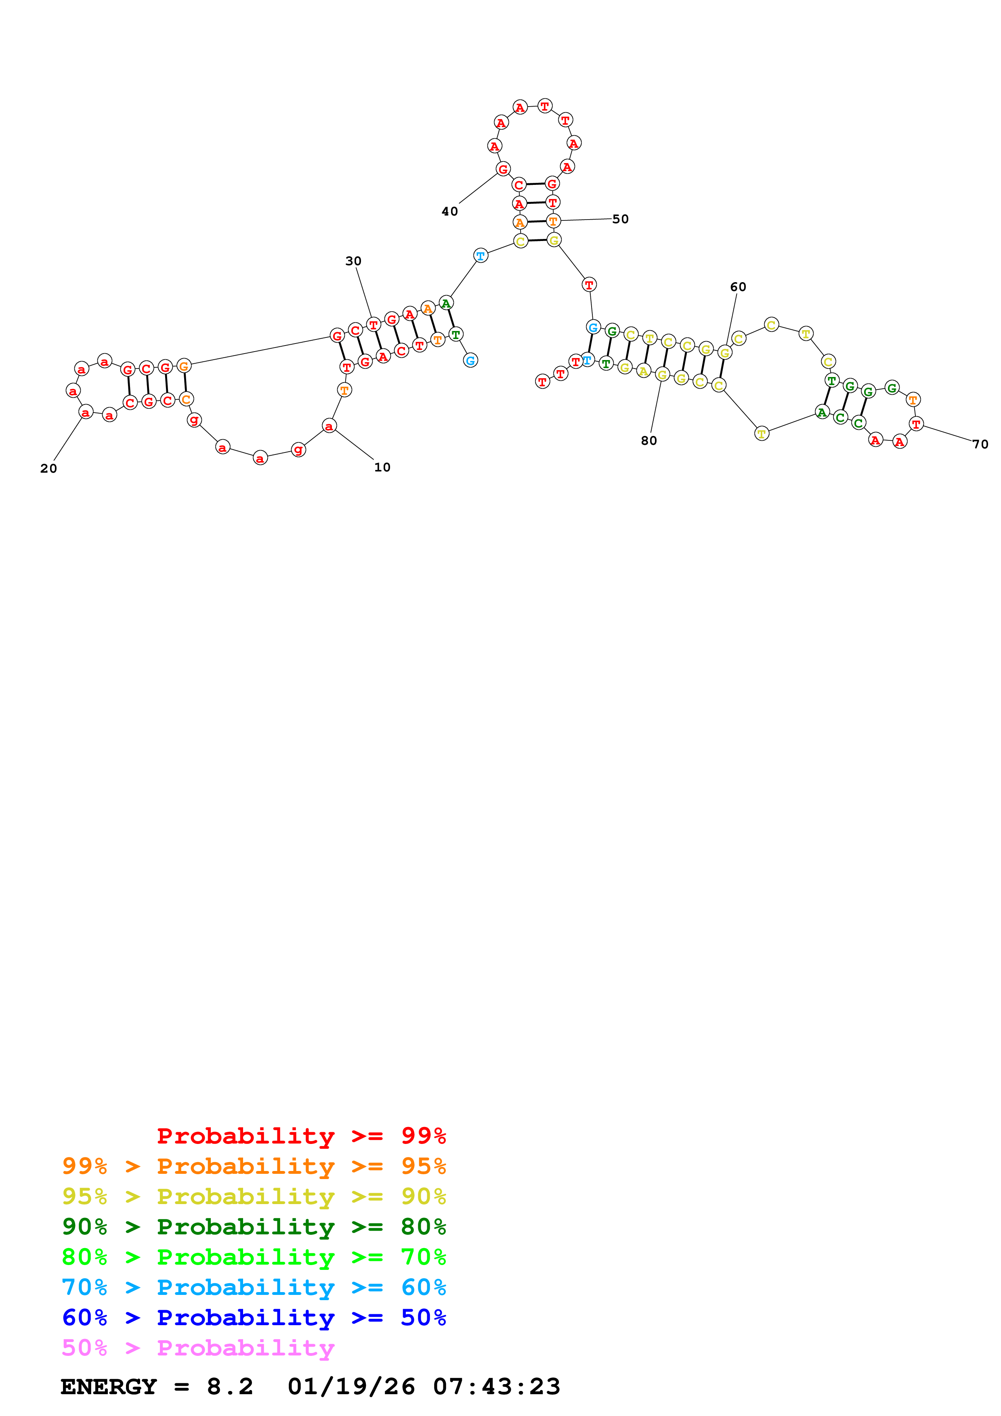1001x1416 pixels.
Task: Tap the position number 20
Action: [49, 469]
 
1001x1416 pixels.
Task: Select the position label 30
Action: [353, 261]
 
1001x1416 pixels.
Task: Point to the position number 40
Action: [449, 212]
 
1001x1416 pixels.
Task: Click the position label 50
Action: [621, 219]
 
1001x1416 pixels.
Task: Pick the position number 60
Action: [738, 287]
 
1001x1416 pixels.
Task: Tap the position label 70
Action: [980, 444]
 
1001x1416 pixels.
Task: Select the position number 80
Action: [649, 440]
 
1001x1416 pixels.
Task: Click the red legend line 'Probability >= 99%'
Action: [302, 1135]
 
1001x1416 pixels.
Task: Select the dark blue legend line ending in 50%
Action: [254, 1318]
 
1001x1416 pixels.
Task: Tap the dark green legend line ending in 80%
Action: [254, 1227]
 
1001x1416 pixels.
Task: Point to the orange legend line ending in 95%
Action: [254, 1166]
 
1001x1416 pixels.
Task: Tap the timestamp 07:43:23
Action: [497, 1387]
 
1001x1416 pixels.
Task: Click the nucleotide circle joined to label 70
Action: [916, 424]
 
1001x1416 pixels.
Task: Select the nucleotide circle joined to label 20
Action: [86, 412]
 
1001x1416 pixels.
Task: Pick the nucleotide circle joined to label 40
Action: [503, 169]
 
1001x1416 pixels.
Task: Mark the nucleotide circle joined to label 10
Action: [329, 426]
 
